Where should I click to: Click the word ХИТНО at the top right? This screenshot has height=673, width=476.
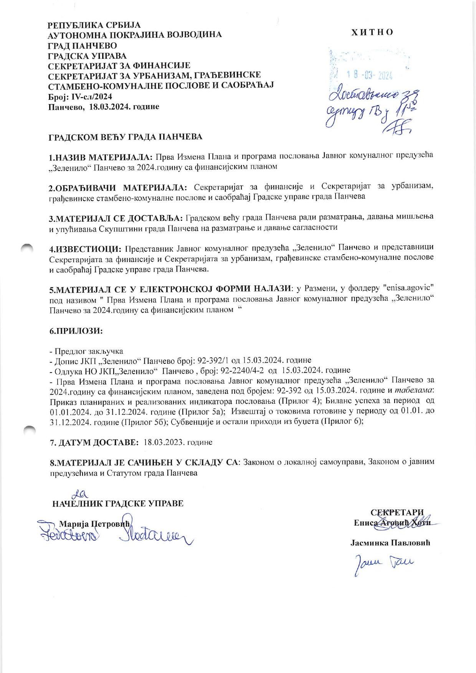pos(372,32)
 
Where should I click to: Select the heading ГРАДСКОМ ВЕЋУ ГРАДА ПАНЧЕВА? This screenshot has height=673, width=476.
pos(125,137)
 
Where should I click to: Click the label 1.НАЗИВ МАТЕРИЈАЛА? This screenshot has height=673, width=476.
pos(101,157)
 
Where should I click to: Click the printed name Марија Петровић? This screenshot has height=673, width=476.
pos(96,524)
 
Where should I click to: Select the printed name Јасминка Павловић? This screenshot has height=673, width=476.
pos(390,543)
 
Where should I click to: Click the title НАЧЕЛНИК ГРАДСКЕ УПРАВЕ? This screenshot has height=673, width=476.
pos(117,504)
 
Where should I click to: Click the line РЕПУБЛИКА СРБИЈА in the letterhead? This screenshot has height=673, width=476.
pos(91,26)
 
